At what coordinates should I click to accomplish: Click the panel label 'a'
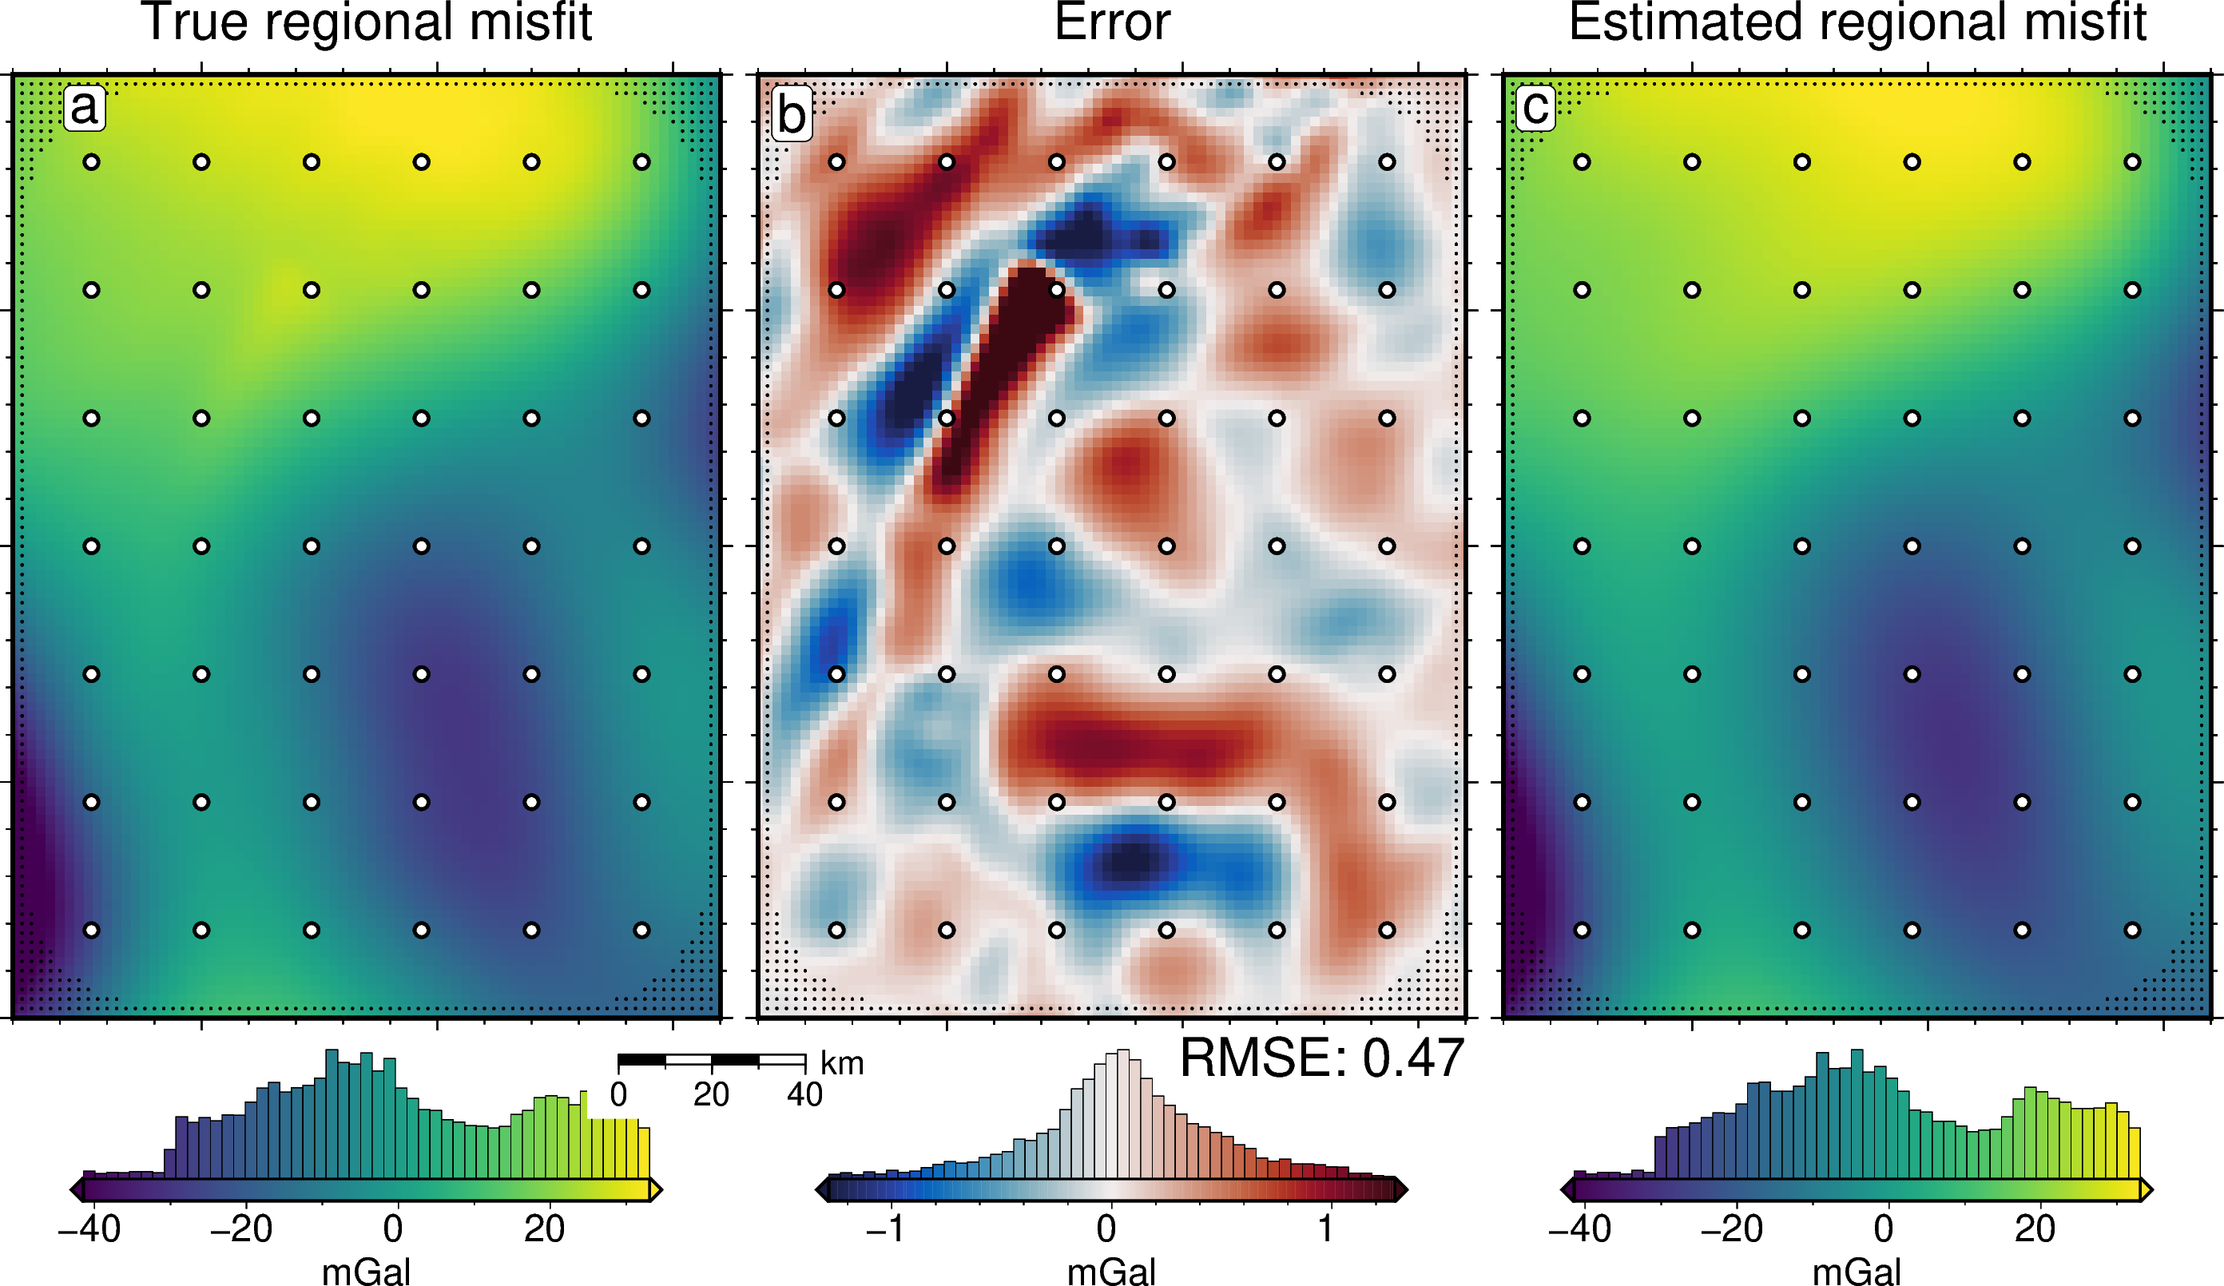(x=84, y=109)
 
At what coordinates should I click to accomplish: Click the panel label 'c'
(x=1535, y=109)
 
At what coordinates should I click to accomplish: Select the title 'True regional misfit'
(x=366, y=23)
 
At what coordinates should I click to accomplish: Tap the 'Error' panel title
(x=1112, y=23)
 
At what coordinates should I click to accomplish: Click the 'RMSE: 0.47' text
(x=1321, y=1058)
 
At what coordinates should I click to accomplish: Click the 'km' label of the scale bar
(x=842, y=1064)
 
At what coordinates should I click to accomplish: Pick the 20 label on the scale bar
(x=711, y=1095)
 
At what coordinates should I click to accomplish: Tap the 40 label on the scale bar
(x=805, y=1095)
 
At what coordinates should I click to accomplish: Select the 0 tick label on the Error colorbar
(x=1106, y=1228)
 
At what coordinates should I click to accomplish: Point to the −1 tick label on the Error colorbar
(x=885, y=1228)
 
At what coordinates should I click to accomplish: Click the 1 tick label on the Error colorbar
(x=1325, y=1228)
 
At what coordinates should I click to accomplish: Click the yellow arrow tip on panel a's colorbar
(x=656, y=1190)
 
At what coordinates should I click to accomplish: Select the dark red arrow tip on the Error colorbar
(x=1400, y=1190)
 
